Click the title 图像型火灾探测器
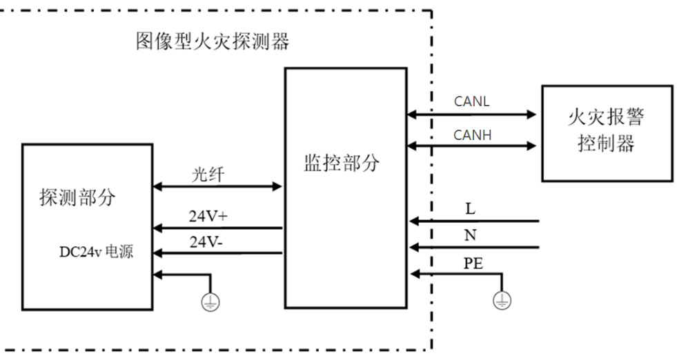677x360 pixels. [x=213, y=41]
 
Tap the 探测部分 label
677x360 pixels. [x=78, y=197]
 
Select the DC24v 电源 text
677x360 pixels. [x=97, y=252]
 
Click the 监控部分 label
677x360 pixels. [x=342, y=163]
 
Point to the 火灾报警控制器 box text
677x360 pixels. [x=606, y=130]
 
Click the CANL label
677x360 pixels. [x=471, y=101]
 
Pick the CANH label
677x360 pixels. [x=472, y=135]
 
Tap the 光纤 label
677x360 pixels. [x=208, y=174]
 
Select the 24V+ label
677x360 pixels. [x=208, y=216]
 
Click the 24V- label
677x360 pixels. [x=206, y=242]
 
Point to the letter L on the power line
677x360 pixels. [x=470, y=209]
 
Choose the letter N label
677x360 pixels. [x=470, y=235]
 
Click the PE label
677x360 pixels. [x=473, y=263]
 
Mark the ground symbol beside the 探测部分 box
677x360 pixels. [x=210, y=302]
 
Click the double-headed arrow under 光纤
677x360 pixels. [x=217, y=186]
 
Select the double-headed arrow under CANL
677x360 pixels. [x=471, y=114]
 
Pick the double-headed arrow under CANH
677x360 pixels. [x=471, y=146]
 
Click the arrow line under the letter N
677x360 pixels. [x=474, y=248]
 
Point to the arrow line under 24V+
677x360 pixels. [x=217, y=228]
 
